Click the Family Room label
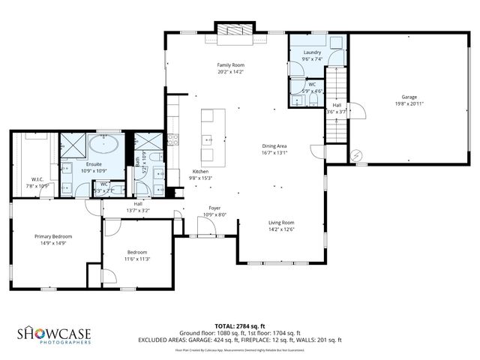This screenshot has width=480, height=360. click(232, 66)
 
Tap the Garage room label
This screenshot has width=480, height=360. click(409, 97)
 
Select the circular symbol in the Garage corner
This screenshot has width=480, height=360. click(356, 154)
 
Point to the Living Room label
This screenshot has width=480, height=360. click(282, 222)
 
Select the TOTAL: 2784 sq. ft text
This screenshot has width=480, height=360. click(240, 325)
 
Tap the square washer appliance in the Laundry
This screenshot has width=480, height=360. click(336, 42)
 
